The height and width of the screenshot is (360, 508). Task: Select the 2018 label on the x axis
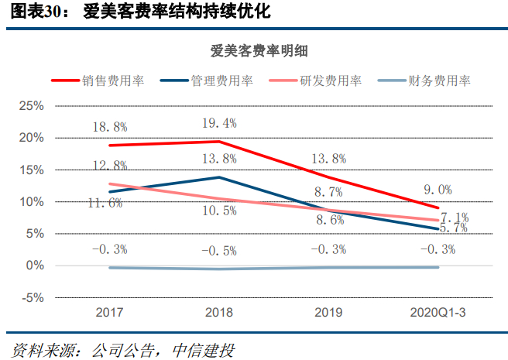pyautogui.click(x=219, y=313)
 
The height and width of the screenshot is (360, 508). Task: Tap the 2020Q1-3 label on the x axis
pyautogui.click(x=438, y=313)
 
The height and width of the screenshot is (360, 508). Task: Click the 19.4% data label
pyautogui.click(x=219, y=122)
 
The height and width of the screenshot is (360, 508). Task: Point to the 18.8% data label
pyautogui.click(x=110, y=126)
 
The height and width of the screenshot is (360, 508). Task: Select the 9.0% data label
pyautogui.click(x=438, y=189)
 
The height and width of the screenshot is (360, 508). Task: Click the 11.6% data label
pyautogui.click(x=105, y=203)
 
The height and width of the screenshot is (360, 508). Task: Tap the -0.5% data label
pyautogui.click(x=219, y=249)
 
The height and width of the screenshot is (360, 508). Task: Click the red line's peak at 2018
pyautogui.click(x=219, y=142)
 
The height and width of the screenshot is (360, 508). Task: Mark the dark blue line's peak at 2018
pyautogui.click(x=219, y=177)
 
